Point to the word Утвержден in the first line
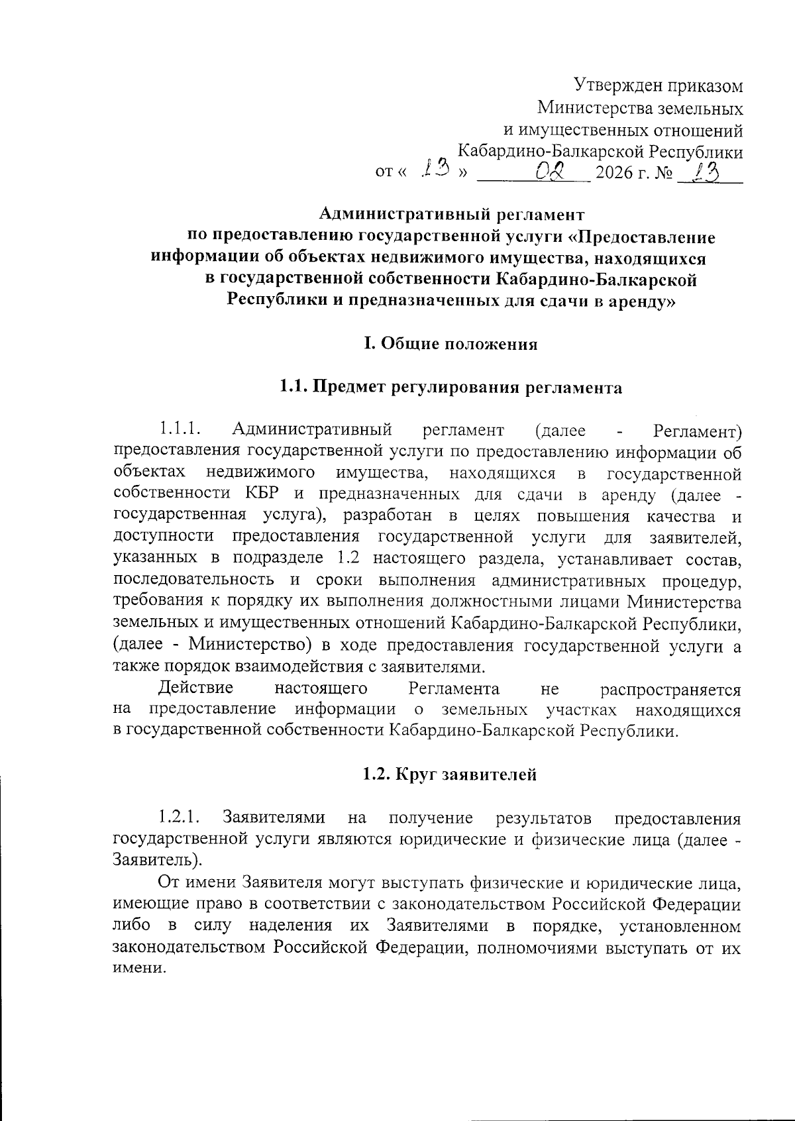tap(609, 86)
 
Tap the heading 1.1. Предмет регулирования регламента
tap(450, 387)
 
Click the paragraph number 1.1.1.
tap(180, 431)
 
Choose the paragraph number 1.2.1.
tap(180, 818)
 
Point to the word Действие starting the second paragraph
tap(195, 688)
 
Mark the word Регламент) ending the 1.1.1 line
tap(697, 431)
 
